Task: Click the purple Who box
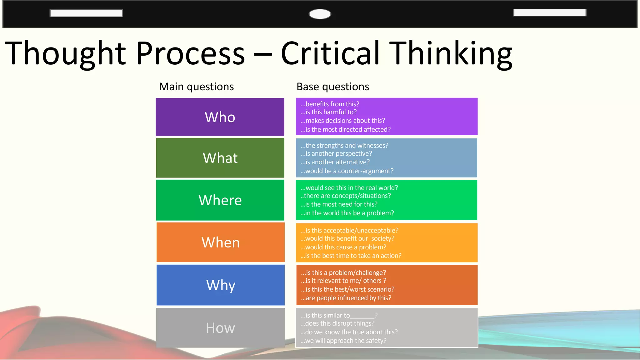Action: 220,117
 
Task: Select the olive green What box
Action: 220,158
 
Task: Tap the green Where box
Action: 220,200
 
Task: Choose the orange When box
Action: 220,242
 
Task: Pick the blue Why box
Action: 220,285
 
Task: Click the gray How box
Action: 220,328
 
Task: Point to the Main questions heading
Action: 196,87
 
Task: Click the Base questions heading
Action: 332,87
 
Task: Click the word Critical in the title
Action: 330,53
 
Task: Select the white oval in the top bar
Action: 320,14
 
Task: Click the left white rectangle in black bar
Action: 86,13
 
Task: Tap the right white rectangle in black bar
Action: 549,12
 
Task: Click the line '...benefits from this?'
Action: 330,104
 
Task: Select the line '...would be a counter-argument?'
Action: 347,171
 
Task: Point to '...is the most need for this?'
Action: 339,204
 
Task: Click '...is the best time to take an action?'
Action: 351,256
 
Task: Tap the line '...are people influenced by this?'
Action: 346,298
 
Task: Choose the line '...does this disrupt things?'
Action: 337,323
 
